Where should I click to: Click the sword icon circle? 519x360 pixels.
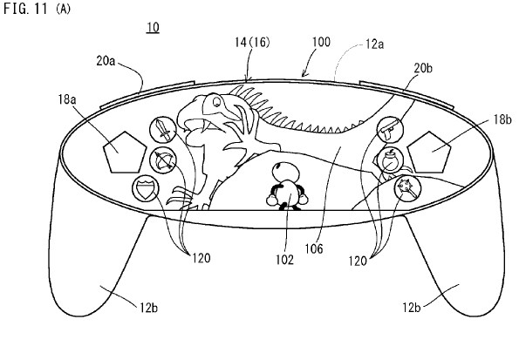(x=163, y=130)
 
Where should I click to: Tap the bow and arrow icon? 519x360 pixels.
(x=163, y=160)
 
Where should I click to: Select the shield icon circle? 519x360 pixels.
(x=146, y=188)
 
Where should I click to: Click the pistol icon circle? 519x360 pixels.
(x=391, y=129)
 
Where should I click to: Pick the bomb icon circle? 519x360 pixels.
(x=391, y=160)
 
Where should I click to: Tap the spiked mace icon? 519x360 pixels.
(x=407, y=188)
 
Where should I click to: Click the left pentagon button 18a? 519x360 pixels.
(x=125, y=153)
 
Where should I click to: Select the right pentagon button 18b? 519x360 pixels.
(x=429, y=153)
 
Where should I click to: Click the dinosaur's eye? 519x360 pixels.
(x=216, y=101)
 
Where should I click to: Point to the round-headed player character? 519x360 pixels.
(x=287, y=187)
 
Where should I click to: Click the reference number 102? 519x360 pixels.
(x=284, y=260)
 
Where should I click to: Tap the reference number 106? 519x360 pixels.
(x=314, y=248)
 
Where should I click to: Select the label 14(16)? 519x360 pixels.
(x=252, y=42)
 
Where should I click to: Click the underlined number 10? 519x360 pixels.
(x=153, y=27)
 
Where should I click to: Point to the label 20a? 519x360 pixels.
(x=106, y=61)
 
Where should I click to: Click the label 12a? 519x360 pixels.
(x=375, y=44)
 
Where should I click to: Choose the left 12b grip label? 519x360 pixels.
(x=148, y=308)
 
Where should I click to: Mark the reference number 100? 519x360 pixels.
(x=321, y=42)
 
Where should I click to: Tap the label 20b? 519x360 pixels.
(x=423, y=68)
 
